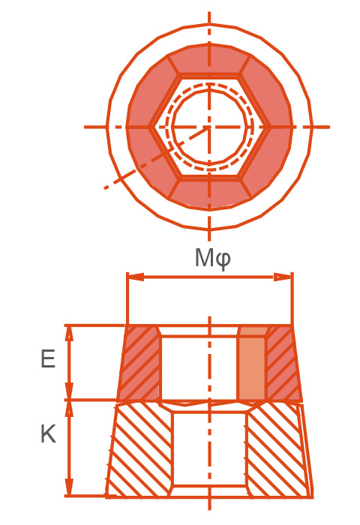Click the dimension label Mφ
(212, 258)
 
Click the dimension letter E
(47, 360)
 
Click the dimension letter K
(47, 434)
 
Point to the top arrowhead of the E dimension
(69, 332)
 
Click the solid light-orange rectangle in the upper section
(252, 367)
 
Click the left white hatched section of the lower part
(141, 450)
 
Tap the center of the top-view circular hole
(209, 127)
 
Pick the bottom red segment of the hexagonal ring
(209, 192)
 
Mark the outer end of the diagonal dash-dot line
(106, 188)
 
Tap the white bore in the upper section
(198, 367)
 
